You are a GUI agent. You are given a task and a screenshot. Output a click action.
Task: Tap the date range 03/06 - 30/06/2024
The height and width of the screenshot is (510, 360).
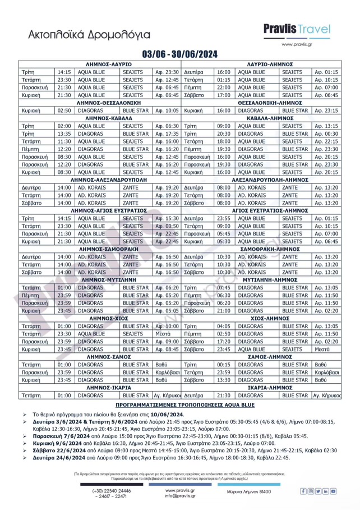tap(179, 54)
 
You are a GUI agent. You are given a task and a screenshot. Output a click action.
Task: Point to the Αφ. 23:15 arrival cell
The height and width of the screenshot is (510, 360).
tap(326, 111)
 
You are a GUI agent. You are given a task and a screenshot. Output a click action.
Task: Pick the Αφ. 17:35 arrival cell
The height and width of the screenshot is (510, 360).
tap(167, 134)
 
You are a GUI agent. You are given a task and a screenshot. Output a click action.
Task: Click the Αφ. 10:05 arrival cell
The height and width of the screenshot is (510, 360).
tap(167, 111)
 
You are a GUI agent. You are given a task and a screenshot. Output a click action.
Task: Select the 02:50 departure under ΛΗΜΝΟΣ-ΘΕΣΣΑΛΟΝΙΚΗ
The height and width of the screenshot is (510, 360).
tap(64, 111)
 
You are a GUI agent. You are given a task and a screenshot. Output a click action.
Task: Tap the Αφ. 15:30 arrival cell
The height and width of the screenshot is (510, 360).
tap(167, 218)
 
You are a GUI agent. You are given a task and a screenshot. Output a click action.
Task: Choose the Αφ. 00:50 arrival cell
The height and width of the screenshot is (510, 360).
tap(167, 226)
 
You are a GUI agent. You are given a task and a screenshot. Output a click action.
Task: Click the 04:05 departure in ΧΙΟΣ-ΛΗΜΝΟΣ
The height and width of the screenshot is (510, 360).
tap(224, 325)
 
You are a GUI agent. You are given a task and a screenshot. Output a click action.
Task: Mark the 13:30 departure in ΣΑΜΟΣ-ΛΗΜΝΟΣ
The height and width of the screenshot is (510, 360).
tap(224, 379)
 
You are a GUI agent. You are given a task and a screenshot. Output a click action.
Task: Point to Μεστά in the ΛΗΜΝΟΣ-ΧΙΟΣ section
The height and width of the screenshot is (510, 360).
tap(163, 333)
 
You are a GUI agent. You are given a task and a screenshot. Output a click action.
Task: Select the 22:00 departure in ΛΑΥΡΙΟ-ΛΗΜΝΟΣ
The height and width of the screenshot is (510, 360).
tap(224, 88)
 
